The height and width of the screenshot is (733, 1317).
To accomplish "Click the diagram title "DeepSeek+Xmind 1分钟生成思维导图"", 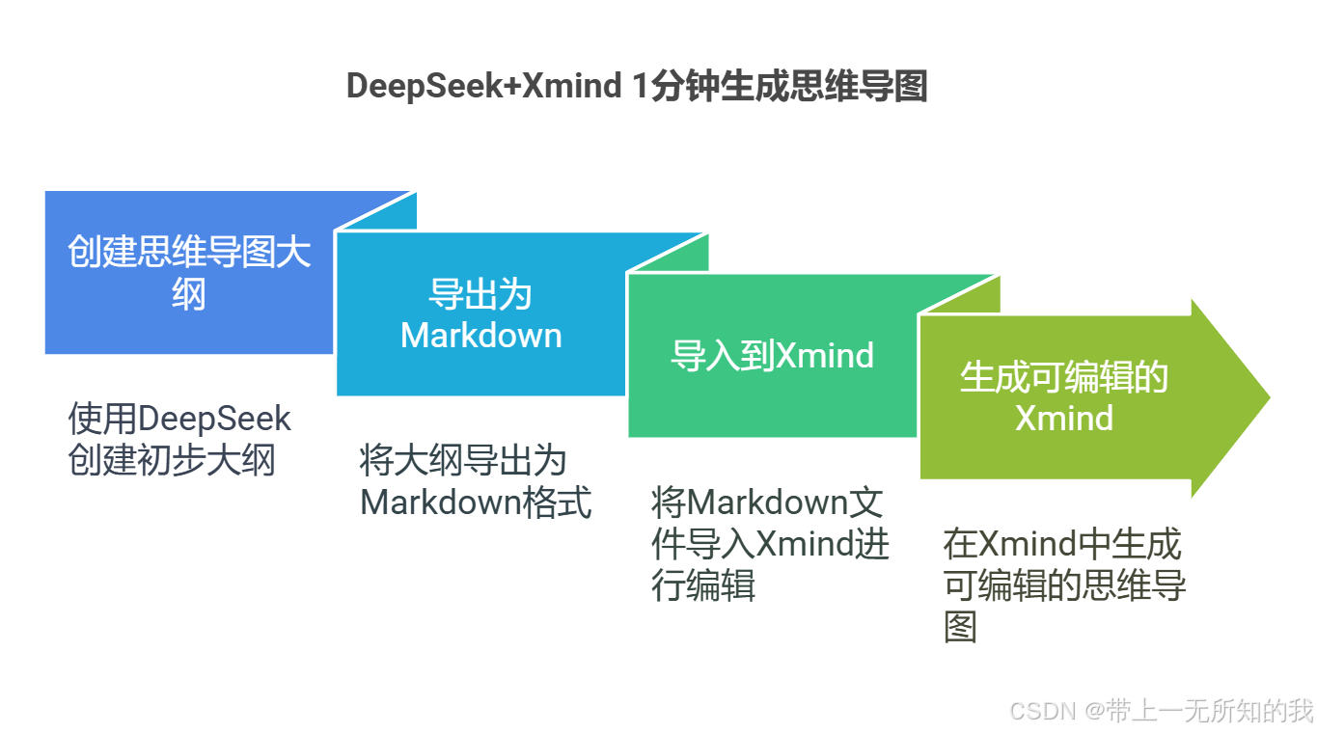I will pos(636,87).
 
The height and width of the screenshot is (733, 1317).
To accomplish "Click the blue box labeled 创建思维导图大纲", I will pos(189,273).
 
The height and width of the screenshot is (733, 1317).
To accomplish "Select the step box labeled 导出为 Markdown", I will pos(480,315).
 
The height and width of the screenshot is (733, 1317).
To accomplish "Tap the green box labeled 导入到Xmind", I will pos(772,356).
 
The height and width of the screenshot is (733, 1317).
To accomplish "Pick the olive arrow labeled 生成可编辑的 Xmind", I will pos(1063,397).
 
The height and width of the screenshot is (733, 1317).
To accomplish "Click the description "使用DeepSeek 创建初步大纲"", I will pos(179,440).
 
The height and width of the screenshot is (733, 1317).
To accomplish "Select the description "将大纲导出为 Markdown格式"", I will pos(475,481).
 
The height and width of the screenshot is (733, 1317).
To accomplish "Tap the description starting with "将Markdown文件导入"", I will pos(770,544).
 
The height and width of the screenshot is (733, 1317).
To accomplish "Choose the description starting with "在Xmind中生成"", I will pos(1063,585).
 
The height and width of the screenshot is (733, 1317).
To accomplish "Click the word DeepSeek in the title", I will pos(425,87).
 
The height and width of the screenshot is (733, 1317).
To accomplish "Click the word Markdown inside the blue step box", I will pos(480,336).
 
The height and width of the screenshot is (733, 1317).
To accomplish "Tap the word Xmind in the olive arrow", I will pos(1063,419).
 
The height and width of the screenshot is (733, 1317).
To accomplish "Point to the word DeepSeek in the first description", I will pos(214,420).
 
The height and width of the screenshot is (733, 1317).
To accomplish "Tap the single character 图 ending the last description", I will pos(960,627).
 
